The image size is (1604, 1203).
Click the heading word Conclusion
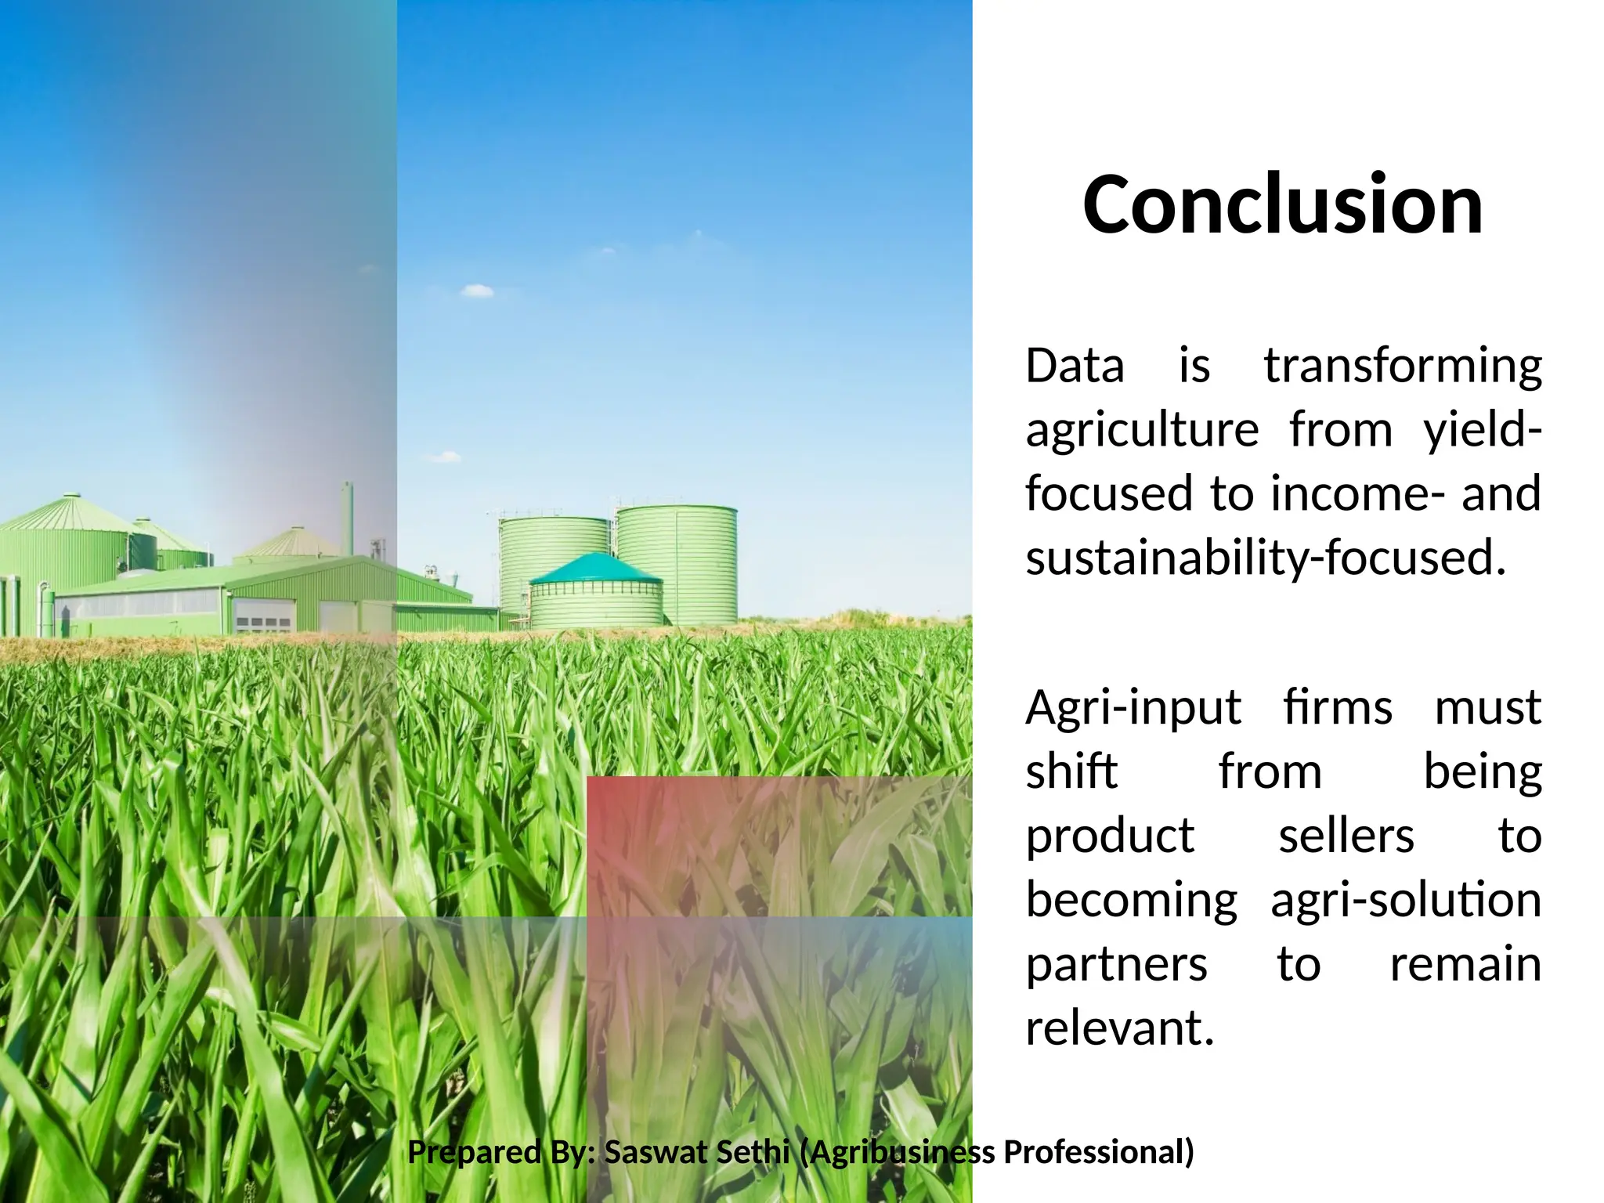pos(1283,204)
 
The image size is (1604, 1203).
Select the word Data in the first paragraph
pos(1075,367)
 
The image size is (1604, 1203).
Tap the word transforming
pos(1403,367)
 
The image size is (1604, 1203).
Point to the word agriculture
pos(1142,431)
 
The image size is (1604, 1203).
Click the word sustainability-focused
pos(1266,558)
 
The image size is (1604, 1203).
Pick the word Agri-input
pos(1133,708)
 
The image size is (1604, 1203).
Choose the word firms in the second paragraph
pos(1338,708)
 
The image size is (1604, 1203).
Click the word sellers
pos(1346,836)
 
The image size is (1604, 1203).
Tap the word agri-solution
pos(1406,901)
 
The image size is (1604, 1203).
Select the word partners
pos(1117,965)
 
